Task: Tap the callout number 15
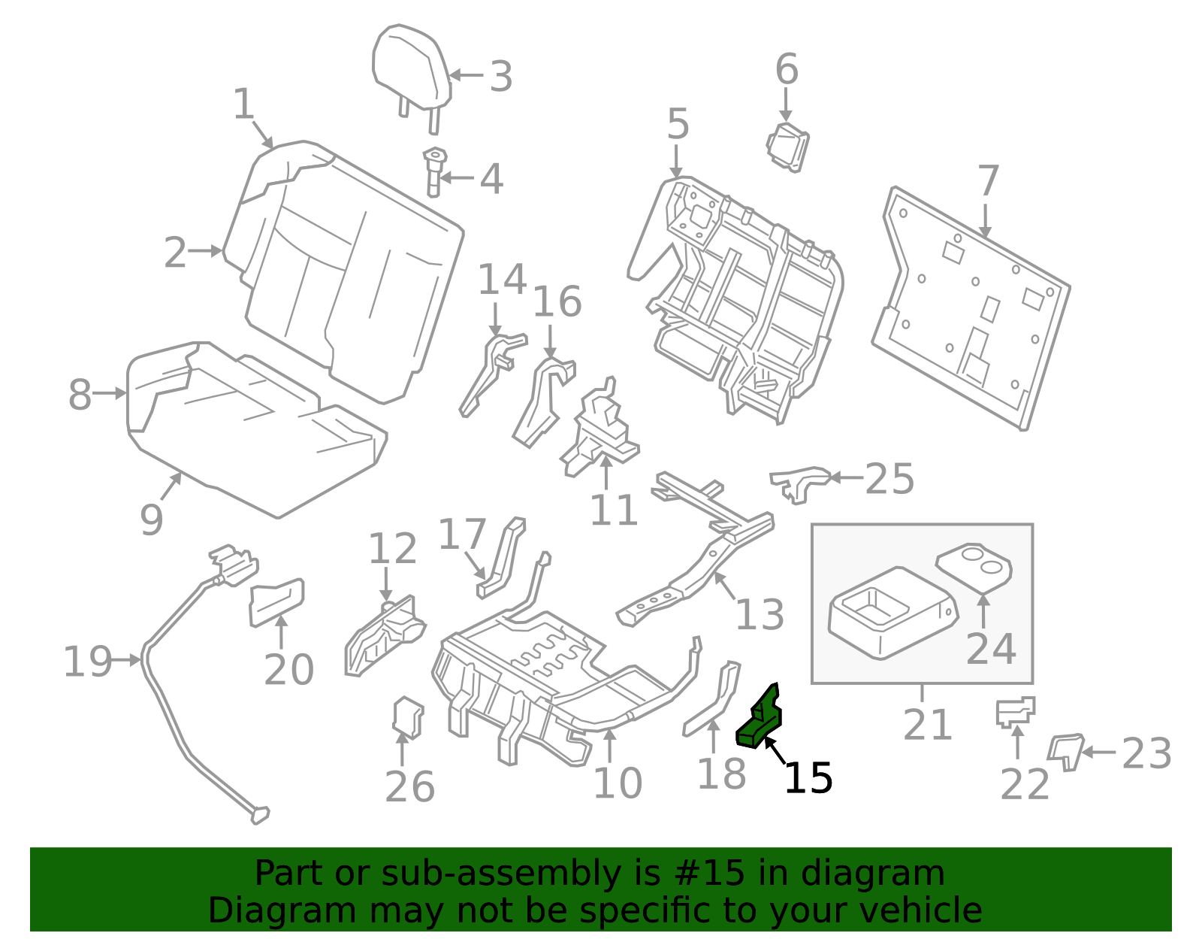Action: click(x=808, y=778)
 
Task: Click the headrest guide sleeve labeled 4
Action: click(x=435, y=171)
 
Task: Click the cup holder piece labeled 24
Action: click(x=974, y=568)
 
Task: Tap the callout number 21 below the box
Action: click(x=928, y=724)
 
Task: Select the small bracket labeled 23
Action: click(x=1065, y=752)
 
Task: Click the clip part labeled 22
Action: click(x=1015, y=712)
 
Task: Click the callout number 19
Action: click(x=88, y=662)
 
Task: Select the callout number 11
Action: click(x=614, y=510)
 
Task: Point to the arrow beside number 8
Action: click(x=110, y=393)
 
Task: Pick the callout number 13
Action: click(x=760, y=614)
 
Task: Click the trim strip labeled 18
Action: click(x=711, y=700)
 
